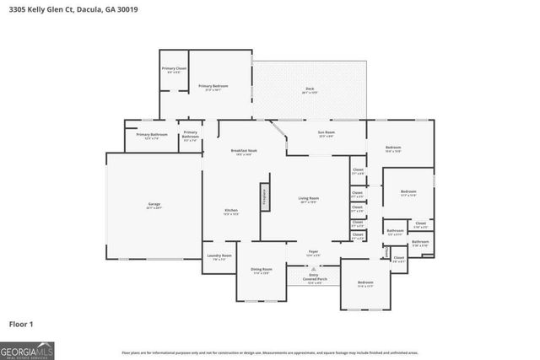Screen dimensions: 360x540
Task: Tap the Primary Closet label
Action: [174, 69]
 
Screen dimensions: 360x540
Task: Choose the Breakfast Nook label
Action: [244, 152]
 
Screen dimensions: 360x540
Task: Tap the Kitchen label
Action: [231, 211]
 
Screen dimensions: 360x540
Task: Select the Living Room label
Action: [308, 200]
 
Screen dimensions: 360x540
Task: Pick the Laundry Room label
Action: [219, 258]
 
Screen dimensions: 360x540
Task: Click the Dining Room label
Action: [261, 271]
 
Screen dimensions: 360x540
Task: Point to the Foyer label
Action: [313, 252]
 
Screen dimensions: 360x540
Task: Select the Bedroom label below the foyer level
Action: [365, 283]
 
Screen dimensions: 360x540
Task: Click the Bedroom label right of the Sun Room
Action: [393, 149]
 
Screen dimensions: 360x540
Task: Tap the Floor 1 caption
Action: [21, 324]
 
